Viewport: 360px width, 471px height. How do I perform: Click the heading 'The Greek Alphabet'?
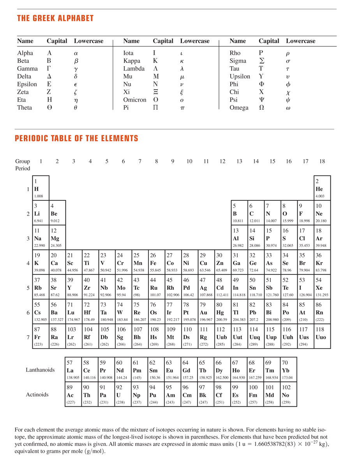point(55,18)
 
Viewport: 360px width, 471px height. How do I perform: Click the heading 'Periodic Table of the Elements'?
point(76,138)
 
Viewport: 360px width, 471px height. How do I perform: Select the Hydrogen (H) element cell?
point(41,188)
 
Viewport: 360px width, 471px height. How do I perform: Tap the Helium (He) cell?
point(322,188)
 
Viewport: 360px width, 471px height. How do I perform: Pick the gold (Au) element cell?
point(206,312)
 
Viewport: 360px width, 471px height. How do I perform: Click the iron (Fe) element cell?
point(157,262)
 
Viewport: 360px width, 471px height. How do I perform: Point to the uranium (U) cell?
point(123,395)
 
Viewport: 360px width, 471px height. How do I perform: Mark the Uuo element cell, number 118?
point(322,336)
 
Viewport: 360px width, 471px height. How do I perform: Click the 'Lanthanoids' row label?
point(40,370)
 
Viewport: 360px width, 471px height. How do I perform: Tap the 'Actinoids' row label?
point(37,395)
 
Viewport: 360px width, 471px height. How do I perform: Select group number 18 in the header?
point(322,161)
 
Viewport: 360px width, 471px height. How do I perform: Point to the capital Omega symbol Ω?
point(261,108)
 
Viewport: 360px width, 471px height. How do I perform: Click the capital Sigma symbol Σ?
point(261,61)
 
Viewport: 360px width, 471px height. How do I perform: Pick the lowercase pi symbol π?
point(182,108)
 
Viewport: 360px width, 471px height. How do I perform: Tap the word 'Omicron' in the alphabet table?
point(134,100)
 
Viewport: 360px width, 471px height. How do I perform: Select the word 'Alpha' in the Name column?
point(25,53)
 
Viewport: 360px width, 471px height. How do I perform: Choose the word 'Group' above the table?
point(23,161)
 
